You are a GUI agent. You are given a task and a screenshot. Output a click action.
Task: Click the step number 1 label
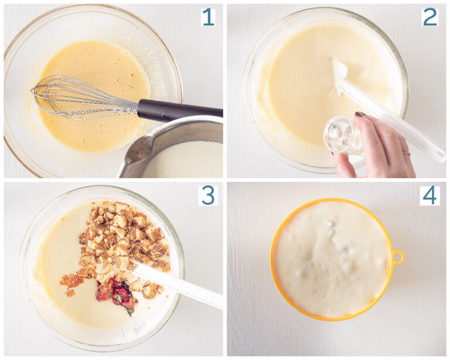tap(209, 17)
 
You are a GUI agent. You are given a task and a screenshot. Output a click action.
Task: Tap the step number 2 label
tap(430, 17)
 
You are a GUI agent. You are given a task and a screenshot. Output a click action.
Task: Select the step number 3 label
tap(208, 195)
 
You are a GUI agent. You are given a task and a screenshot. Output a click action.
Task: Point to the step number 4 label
tap(429, 195)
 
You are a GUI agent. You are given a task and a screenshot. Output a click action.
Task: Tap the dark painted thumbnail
tap(360, 114)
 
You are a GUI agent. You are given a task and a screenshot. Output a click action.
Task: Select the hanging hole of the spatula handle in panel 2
tap(439, 155)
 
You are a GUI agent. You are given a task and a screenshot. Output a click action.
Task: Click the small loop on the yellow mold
tap(398, 257)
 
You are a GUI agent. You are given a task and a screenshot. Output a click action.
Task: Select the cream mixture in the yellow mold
tap(332, 259)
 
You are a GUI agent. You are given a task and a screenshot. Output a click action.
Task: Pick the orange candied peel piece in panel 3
tap(71, 281)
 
